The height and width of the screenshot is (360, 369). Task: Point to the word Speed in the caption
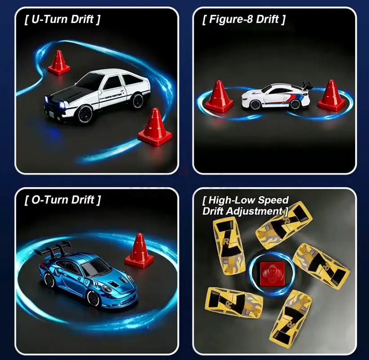tap(273, 200)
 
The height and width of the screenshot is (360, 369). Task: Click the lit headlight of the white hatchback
tap(63, 104)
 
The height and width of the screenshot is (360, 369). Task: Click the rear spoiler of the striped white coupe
tap(307, 86)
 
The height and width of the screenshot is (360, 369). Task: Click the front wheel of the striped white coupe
tap(254, 104)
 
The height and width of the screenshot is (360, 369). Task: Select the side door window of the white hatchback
tap(112, 83)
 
